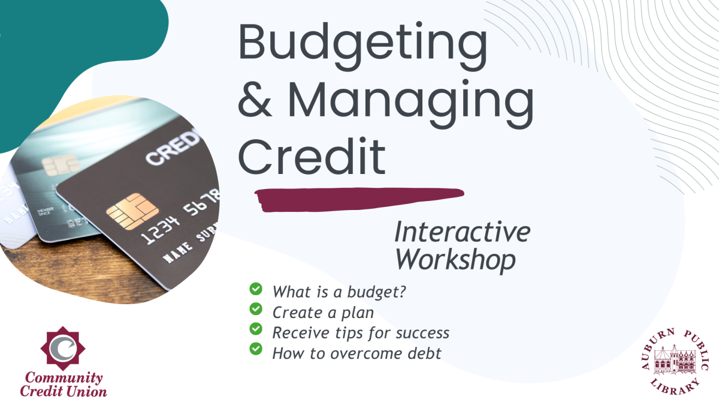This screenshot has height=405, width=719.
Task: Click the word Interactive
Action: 462,233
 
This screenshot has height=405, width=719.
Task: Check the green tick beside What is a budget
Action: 256,290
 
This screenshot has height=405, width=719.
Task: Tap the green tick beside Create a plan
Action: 256,310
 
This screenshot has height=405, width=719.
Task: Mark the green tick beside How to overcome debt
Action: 256,349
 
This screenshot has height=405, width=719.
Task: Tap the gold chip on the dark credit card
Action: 132,211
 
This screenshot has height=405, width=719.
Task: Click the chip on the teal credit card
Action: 61,164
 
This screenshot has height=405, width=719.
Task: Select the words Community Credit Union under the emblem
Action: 64,385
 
